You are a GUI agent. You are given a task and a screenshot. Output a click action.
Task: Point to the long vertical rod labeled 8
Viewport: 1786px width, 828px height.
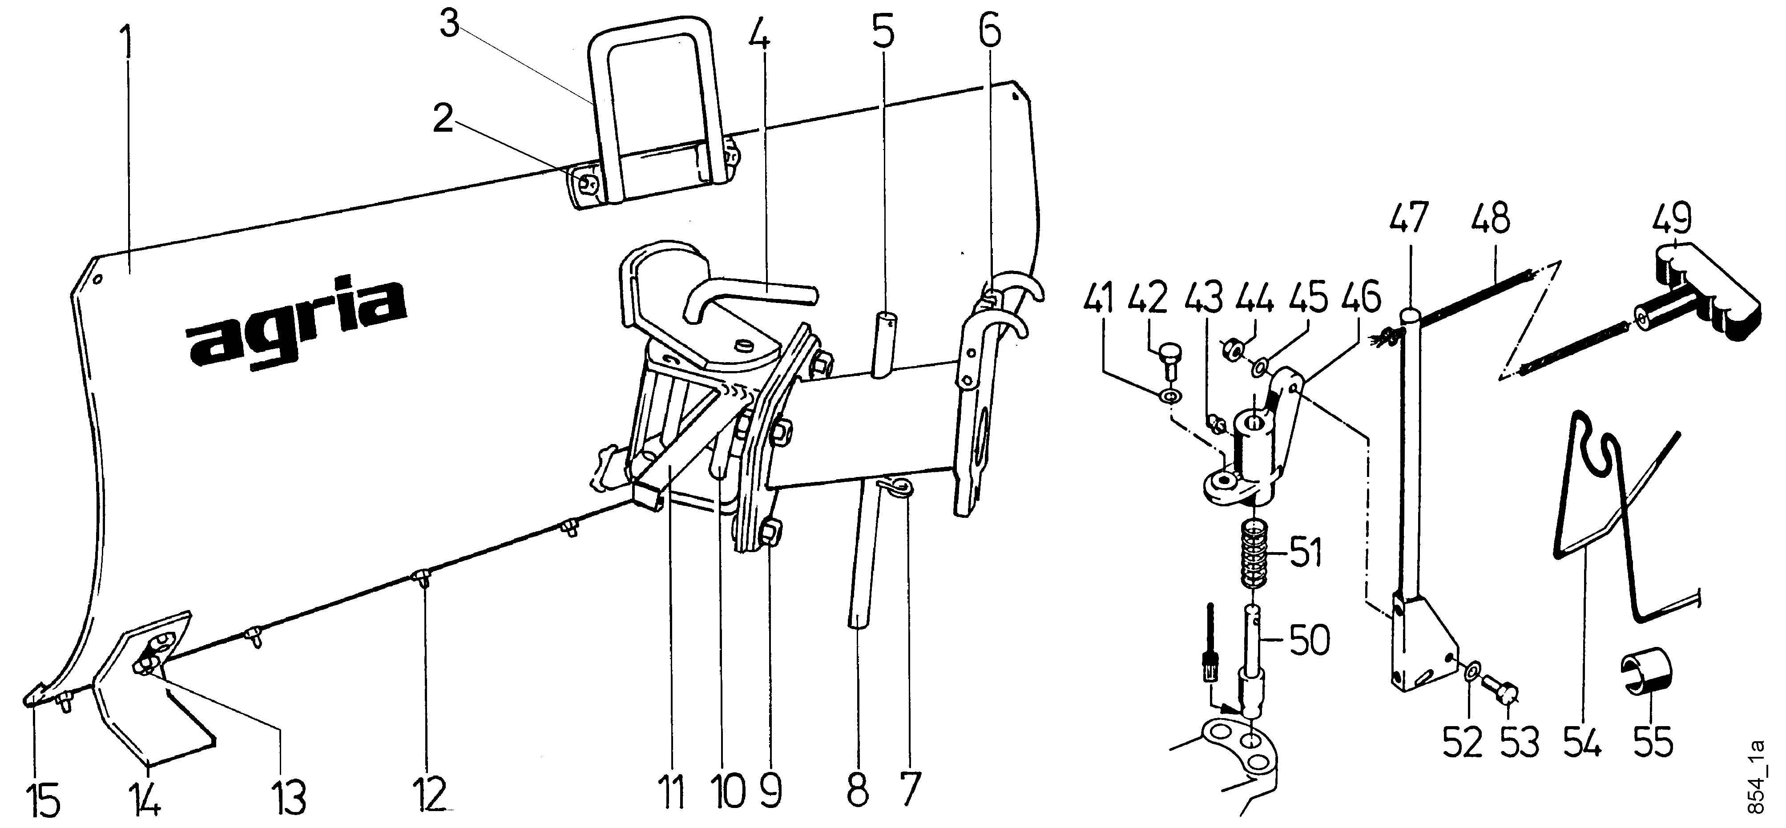(861, 555)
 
